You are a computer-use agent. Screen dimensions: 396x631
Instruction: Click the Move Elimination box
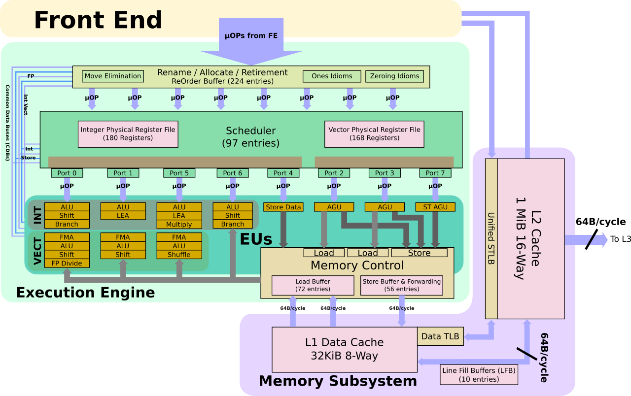click(113, 76)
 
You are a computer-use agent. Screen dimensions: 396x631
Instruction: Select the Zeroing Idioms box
click(394, 76)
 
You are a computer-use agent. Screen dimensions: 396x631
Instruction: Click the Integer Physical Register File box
click(128, 133)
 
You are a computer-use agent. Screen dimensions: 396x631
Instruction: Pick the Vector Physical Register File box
click(374, 133)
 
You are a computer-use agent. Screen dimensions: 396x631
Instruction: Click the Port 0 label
click(67, 173)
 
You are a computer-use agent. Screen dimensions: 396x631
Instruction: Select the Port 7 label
click(435, 173)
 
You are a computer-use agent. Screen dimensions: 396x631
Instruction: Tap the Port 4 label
click(283, 173)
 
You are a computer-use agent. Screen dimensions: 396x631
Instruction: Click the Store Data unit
click(283, 207)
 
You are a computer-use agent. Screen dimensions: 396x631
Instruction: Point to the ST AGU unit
click(435, 207)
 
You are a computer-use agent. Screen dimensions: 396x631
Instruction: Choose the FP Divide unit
click(67, 263)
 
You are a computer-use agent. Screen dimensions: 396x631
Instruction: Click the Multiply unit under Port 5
click(179, 224)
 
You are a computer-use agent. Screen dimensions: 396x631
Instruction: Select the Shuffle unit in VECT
click(179, 255)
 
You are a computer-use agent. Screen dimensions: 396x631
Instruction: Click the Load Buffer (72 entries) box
click(313, 285)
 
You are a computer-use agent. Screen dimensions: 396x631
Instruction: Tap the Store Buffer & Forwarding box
click(401, 285)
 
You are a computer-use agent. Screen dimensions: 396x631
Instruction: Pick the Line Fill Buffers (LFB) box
click(479, 374)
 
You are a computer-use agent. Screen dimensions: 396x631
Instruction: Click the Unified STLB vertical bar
click(491, 238)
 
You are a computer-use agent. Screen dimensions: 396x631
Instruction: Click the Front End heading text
click(98, 20)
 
